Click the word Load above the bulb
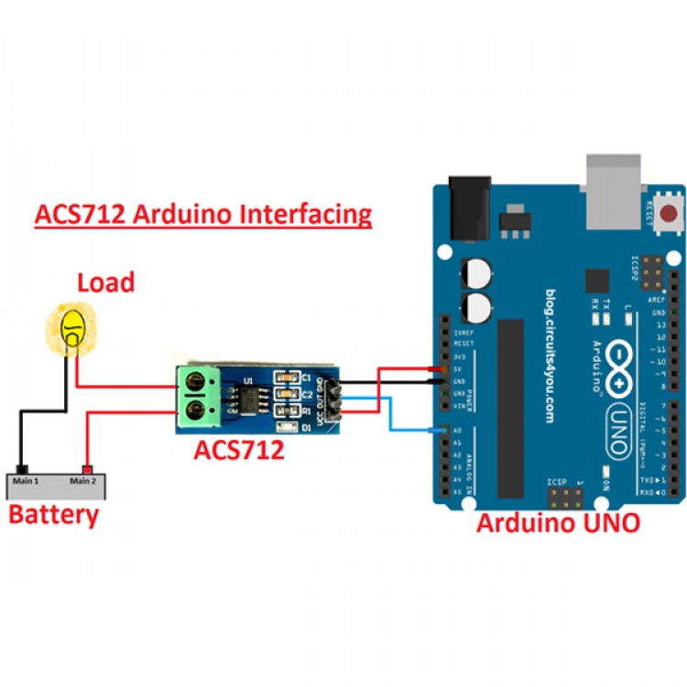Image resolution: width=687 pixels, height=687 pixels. (105, 282)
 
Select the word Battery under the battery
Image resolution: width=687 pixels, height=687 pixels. (53, 514)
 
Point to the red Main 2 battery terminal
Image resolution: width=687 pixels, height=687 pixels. (89, 469)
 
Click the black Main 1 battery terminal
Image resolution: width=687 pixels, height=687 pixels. (24, 469)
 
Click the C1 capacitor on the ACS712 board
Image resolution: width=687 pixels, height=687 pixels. (290, 376)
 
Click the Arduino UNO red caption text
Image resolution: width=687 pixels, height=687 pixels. (558, 523)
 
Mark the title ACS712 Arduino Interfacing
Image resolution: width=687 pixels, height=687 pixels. (203, 214)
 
